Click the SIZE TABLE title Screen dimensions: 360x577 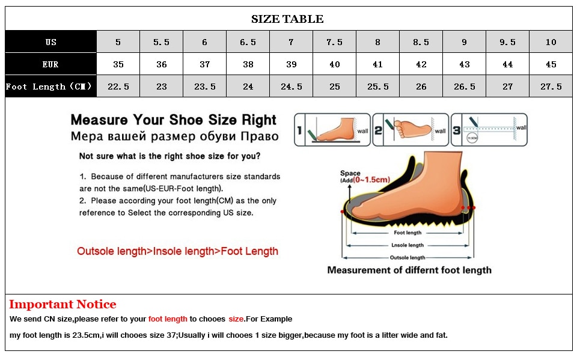[x=287, y=19]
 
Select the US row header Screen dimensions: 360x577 [x=51, y=42]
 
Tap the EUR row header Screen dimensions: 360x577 [x=51, y=64]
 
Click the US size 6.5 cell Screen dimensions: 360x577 [x=248, y=42]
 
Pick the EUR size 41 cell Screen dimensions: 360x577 [x=377, y=64]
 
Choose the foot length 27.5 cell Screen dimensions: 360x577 [x=551, y=87]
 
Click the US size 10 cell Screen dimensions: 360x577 [x=551, y=42]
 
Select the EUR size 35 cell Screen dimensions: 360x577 [x=118, y=64]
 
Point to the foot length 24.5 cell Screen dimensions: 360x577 [x=291, y=87]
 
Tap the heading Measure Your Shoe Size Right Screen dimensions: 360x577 [x=174, y=120]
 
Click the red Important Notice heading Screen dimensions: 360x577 [x=63, y=305]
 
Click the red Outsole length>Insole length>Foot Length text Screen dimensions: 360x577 [x=177, y=251]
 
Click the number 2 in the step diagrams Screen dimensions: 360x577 [x=379, y=129]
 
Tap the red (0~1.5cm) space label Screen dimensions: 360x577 [x=372, y=180]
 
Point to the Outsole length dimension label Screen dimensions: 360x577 [x=408, y=258]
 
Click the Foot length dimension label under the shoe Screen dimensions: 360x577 [x=408, y=233]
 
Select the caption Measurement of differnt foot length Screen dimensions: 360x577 [x=409, y=270]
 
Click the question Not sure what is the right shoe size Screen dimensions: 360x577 [x=170, y=156]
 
